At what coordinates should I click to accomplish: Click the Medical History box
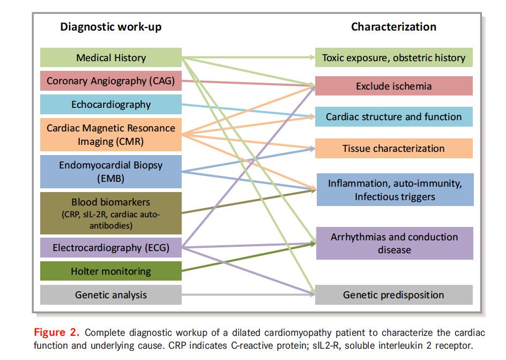[111, 57]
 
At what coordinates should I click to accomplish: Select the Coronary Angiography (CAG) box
[111, 81]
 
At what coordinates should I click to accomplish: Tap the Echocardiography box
[111, 105]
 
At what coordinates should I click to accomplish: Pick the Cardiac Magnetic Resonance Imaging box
[111, 135]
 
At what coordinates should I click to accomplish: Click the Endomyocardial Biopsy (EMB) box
[111, 172]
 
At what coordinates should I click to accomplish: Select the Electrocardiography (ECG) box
[111, 247]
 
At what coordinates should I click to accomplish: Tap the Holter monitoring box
[111, 271]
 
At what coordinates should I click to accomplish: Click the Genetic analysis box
[111, 295]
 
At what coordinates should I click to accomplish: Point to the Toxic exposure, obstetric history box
[394, 57]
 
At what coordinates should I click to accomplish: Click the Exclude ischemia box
[394, 86]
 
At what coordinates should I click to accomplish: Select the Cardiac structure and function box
[394, 117]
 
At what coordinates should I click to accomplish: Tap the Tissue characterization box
[394, 149]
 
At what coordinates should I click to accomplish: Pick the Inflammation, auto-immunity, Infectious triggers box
[395, 190]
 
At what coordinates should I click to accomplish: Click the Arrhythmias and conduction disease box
[395, 243]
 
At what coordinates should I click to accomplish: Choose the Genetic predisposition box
[394, 295]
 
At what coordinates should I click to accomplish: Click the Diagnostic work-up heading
[110, 27]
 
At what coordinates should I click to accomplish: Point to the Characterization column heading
[393, 27]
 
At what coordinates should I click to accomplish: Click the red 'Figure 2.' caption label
[56, 331]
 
